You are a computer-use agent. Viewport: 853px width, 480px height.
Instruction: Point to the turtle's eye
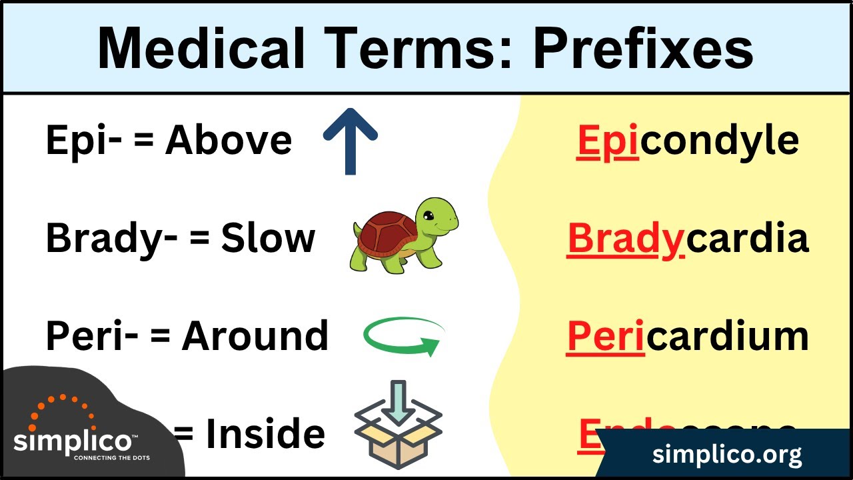click(428, 215)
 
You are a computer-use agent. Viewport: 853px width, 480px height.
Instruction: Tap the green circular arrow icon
click(404, 336)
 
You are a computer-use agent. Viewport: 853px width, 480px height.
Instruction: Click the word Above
click(229, 141)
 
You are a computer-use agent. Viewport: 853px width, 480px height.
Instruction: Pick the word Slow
click(268, 239)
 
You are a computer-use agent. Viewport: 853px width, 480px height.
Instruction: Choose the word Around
click(255, 336)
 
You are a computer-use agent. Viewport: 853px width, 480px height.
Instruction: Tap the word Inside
click(265, 434)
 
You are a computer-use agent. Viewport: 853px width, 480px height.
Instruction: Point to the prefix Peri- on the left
click(92, 336)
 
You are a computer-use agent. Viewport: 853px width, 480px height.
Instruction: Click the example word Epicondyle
click(687, 141)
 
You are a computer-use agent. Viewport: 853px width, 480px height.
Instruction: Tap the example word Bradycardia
click(688, 239)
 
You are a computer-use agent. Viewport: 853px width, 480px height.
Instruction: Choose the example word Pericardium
click(687, 336)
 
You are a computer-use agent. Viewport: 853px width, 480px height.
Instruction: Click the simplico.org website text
click(727, 455)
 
